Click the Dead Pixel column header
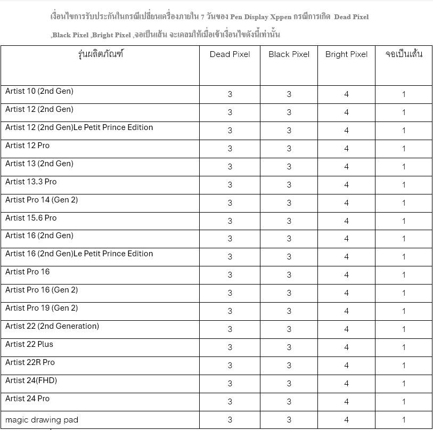coord(230,54)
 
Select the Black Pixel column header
coord(289,54)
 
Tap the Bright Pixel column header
coord(346,54)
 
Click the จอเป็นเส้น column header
coord(404,54)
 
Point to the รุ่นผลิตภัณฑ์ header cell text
coord(100,54)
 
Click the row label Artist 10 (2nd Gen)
coord(39,91)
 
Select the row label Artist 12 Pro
coord(27,145)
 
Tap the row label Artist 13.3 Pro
coord(31,182)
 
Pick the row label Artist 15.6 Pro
coord(31,218)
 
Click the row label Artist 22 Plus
coord(29,344)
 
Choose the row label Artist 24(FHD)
coord(31,380)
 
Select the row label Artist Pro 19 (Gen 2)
coord(42,308)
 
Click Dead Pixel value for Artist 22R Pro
coord(230,366)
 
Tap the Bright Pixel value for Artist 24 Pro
coord(346,402)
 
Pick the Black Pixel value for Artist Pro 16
coord(289,275)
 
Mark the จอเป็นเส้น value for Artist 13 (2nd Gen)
coord(404,167)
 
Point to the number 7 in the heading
coord(202,17)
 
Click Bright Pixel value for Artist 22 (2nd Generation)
coord(346,329)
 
